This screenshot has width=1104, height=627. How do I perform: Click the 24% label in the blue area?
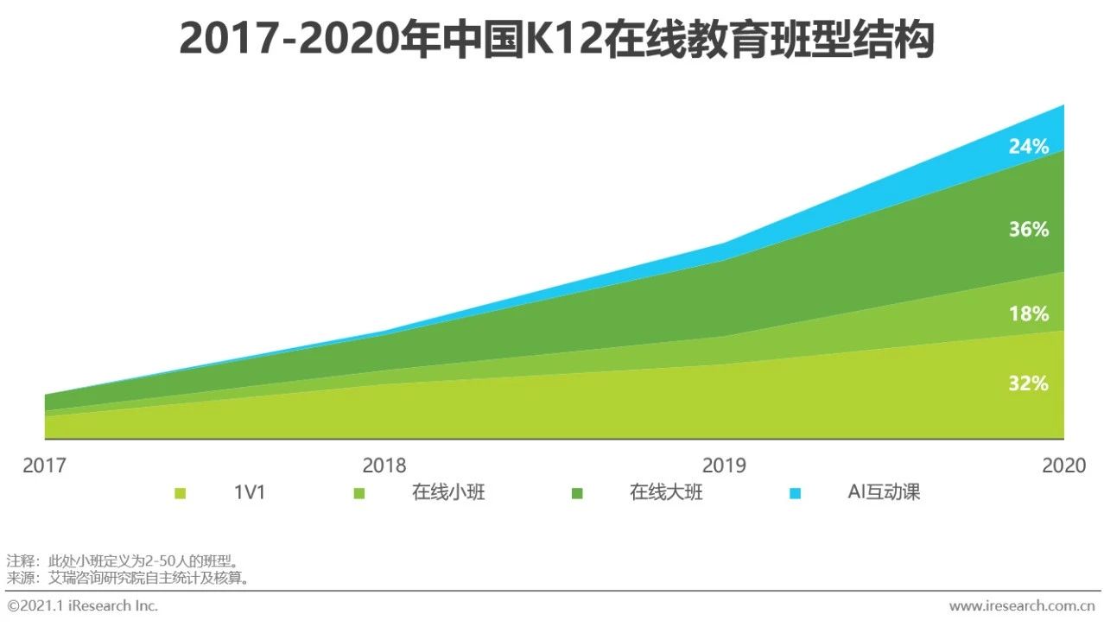tap(1028, 147)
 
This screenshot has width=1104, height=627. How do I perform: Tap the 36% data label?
tap(1028, 230)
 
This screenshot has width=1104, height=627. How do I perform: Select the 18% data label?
tap(1028, 314)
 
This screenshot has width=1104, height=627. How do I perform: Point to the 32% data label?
tap(1028, 383)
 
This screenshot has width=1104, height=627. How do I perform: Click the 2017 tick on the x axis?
tap(44, 465)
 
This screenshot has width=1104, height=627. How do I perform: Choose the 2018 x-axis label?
tap(384, 465)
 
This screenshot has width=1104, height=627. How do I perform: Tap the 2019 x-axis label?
tap(724, 465)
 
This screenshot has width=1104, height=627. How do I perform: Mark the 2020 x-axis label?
tap(1063, 465)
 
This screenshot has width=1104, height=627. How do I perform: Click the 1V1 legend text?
tap(250, 493)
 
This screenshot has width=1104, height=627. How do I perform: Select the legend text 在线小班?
tap(448, 493)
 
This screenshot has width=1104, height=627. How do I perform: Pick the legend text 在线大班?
tap(666, 493)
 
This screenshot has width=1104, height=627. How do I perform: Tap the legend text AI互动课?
tap(884, 493)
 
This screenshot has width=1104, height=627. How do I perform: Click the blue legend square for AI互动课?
tap(795, 494)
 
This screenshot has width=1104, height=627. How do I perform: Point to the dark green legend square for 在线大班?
tap(577, 494)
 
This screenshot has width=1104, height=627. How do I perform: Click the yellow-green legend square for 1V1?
tap(180, 494)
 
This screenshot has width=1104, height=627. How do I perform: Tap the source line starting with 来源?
tap(130, 578)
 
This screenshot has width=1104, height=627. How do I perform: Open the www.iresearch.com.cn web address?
tap(1023, 605)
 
